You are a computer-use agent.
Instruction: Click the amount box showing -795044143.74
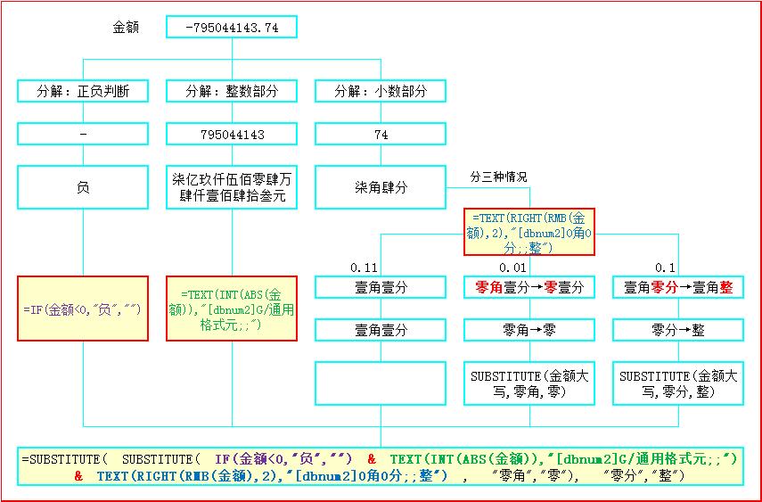232,28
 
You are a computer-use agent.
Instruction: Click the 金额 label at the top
126,28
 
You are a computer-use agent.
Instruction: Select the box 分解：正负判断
83,91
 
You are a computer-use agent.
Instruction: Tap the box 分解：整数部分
232,91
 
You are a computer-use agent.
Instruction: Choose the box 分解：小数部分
381,91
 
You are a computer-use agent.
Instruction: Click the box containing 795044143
232,135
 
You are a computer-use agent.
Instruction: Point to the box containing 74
381,135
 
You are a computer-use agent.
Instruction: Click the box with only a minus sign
83,135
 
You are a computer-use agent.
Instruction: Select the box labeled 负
83,188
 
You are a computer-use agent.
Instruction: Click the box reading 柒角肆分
381,188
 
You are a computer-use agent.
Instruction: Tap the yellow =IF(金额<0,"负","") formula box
83,308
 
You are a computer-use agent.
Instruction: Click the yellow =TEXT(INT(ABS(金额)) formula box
232,308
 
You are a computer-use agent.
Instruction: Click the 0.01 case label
512,267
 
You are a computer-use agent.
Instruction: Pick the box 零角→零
529,330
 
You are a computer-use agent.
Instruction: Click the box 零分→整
677,330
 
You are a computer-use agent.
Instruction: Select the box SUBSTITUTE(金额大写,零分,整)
677,383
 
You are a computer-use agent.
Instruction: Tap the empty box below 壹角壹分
381,383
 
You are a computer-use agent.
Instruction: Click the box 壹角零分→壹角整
677,287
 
